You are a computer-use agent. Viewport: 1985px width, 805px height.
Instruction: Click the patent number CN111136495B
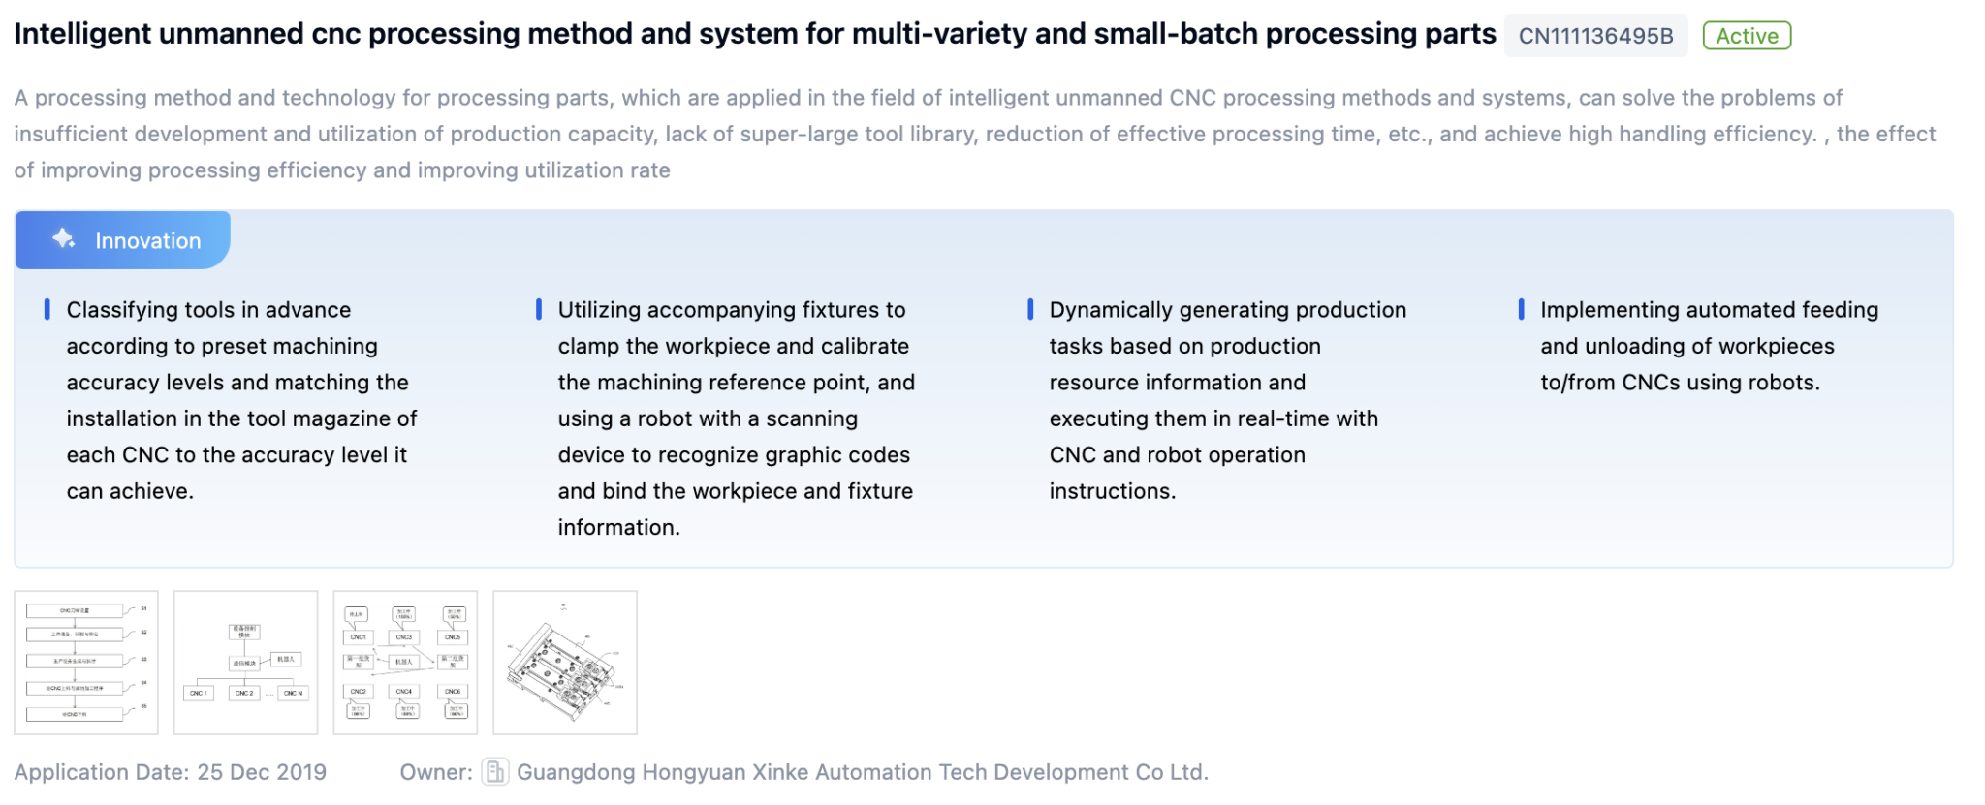coord(1595,36)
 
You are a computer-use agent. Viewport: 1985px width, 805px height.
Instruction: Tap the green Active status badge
coord(1747,36)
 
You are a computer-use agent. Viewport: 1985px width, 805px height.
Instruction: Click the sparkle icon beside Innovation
coord(64,238)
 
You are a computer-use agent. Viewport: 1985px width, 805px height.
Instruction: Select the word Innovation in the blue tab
coord(147,241)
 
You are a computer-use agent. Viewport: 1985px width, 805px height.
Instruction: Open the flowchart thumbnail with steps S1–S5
coord(86,663)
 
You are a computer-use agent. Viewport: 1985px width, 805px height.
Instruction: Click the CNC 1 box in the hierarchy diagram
coord(198,693)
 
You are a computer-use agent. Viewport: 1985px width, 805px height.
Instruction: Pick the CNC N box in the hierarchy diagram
coord(293,693)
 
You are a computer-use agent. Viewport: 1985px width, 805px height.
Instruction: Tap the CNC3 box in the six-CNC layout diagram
coord(404,637)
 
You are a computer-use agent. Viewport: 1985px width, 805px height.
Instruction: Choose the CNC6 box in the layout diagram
coord(453,692)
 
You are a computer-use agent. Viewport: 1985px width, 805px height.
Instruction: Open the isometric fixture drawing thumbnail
coord(565,663)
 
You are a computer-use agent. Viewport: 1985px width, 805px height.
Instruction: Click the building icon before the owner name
coord(494,771)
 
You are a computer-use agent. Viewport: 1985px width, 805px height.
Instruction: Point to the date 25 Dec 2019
coord(262,772)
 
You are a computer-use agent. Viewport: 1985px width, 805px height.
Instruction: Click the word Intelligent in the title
coord(82,34)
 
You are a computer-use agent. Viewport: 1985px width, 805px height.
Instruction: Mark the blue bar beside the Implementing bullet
coord(1521,310)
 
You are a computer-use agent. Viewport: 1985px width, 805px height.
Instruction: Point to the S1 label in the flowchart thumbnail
coord(143,608)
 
